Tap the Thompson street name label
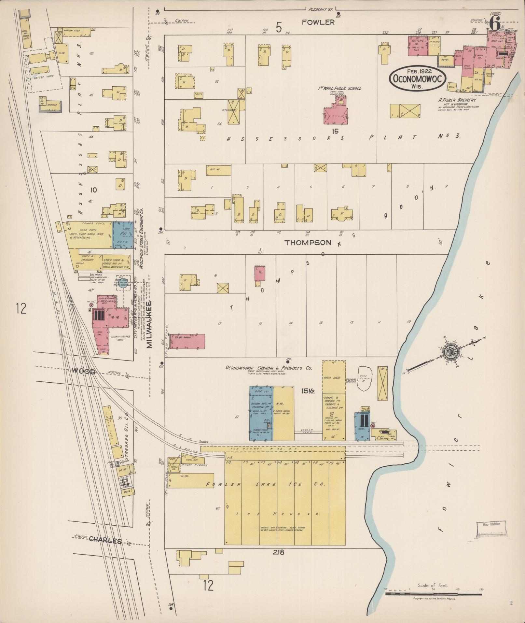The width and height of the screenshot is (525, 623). click(x=308, y=243)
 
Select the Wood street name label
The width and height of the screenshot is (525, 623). click(x=83, y=372)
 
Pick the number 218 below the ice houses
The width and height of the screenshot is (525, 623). click(x=279, y=552)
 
